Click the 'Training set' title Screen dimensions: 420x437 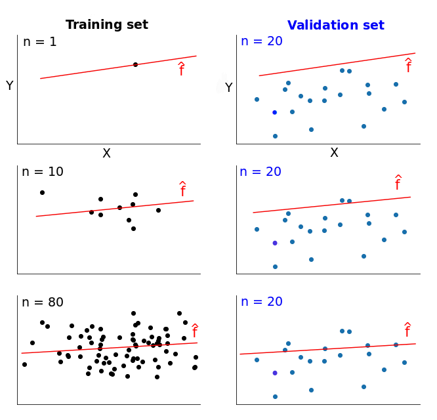(x=107, y=25)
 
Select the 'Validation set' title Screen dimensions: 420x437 (x=335, y=26)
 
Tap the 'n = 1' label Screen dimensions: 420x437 (x=40, y=42)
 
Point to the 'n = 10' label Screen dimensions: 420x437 (x=43, y=172)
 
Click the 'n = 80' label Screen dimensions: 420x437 (x=43, y=303)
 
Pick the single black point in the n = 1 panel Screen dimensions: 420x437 (x=135, y=64)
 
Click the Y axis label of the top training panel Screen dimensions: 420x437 (x=9, y=86)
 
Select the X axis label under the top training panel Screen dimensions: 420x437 (x=106, y=154)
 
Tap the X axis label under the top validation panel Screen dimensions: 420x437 (x=334, y=153)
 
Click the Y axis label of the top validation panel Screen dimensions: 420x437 (x=228, y=87)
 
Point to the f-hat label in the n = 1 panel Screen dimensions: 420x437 (x=182, y=69)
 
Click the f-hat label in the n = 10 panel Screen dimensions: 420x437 (x=183, y=190)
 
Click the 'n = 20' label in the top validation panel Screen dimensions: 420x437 (x=261, y=41)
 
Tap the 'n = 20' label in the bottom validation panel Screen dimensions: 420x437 (x=260, y=302)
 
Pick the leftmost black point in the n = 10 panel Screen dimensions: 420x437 (x=42, y=192)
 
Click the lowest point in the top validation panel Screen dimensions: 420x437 (x=275, y=136)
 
